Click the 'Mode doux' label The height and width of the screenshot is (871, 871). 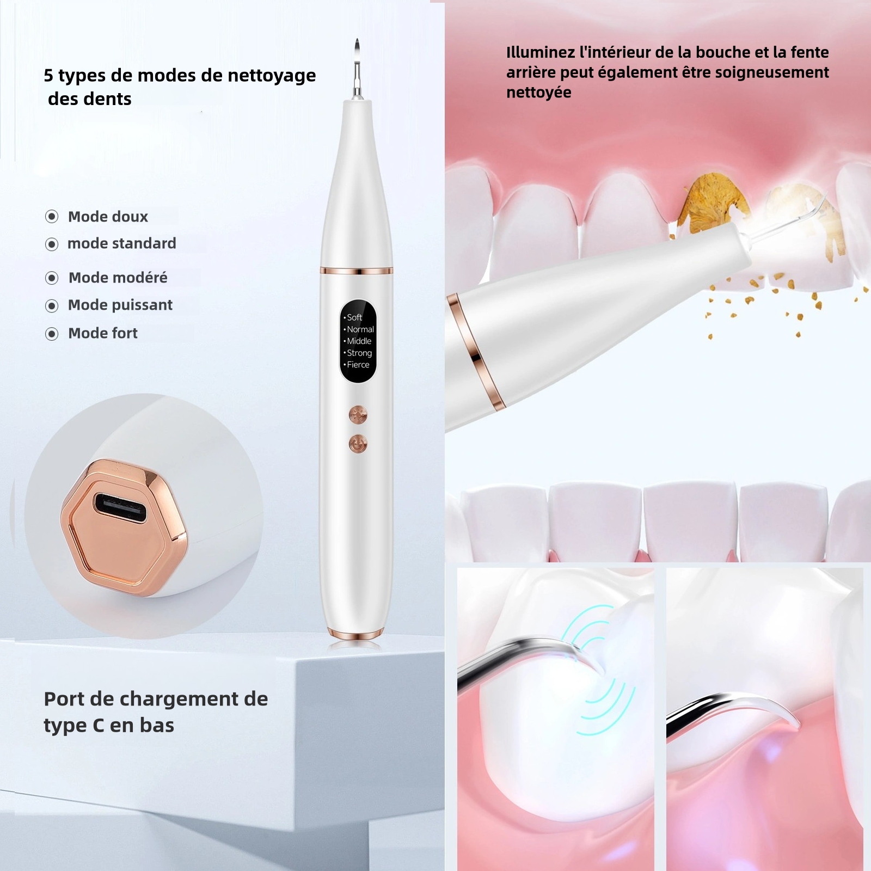coord(108,217)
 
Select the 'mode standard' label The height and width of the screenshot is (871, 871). coord(122,243)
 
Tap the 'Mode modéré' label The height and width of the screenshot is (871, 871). coord(118,278)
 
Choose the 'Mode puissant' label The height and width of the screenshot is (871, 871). coord(120,305)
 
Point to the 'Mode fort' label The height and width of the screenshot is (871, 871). coord(103,333)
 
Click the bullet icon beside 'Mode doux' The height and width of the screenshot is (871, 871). coord(52,217)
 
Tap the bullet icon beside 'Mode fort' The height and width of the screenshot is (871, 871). coord(52,334)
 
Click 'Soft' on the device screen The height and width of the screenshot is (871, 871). coord(354,317)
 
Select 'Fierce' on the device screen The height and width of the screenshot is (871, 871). coord(358,365)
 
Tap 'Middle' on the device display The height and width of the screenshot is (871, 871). coord(359,341)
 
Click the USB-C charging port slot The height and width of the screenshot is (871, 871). coord(121,507)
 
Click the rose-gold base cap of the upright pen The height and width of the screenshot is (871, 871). coord(355,634)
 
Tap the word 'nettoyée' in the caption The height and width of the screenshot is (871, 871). coord(539,93)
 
